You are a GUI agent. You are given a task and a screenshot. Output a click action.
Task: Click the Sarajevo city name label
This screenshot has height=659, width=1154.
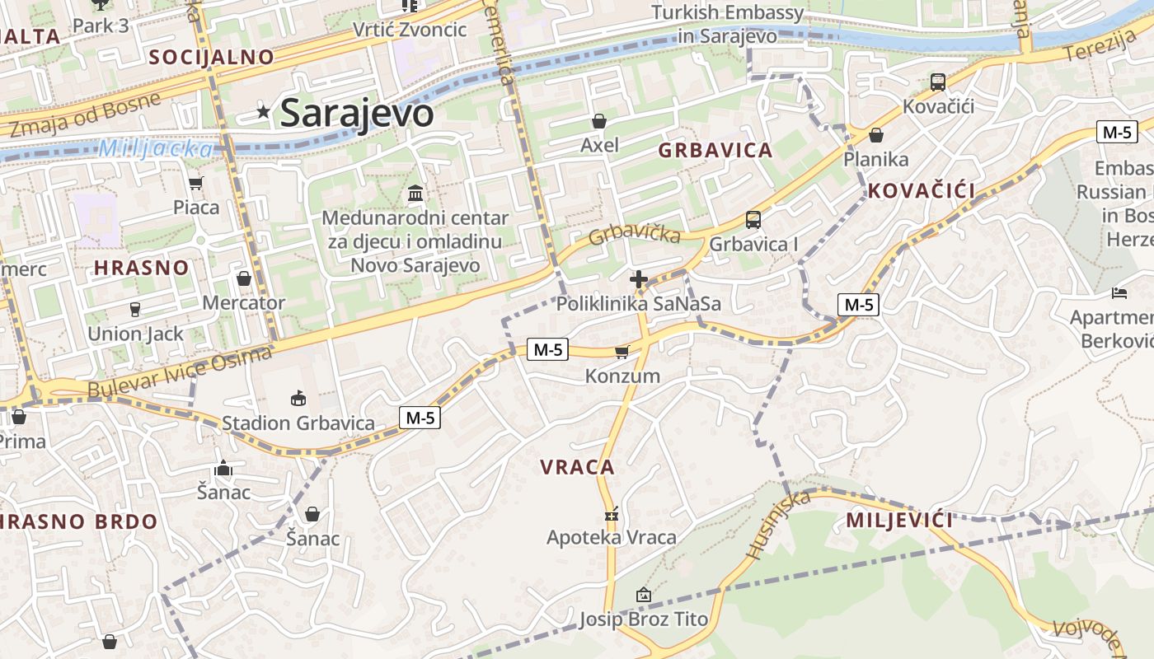coord(356,113)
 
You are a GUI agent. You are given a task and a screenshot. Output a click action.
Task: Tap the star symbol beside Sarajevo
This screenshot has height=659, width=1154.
coord(264,111)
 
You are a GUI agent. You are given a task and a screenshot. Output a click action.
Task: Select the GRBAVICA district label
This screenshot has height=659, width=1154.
coord(715,150)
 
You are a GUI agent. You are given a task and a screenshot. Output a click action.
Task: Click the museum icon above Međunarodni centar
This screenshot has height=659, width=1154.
coord(416,194)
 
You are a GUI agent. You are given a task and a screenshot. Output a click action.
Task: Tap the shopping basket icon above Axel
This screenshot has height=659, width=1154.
coord(599,121)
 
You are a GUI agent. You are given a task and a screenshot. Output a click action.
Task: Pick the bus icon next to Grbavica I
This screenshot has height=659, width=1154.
coord(753,220)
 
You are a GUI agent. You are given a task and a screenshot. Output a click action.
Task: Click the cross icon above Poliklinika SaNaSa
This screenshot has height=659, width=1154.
coord(638,279)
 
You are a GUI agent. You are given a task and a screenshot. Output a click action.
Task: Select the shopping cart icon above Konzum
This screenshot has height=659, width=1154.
coord(622,352)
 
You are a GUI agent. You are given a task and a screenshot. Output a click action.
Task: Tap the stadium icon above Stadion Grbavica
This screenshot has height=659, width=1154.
coord(298,399)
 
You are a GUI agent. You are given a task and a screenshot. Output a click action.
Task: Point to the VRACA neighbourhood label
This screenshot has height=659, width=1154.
coord(577,467)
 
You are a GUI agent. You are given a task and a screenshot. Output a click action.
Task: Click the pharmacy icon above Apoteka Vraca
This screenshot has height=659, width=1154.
coord(612,514)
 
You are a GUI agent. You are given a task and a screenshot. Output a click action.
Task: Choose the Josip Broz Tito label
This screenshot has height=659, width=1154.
coord(643,619)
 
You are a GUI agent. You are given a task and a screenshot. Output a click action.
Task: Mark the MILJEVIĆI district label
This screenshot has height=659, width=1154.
coord(899,520)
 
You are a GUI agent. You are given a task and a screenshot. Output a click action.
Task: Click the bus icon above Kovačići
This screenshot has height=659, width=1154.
coord(938,82)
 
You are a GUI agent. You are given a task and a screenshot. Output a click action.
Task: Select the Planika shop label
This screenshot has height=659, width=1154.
coord(875,159)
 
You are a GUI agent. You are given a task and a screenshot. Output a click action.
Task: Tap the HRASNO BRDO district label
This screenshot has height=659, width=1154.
coord(78,521)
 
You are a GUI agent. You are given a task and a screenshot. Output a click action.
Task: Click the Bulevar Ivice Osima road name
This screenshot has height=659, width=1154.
coord(180,373)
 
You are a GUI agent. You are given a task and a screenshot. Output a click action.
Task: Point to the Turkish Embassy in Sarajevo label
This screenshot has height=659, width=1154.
coord(727,24)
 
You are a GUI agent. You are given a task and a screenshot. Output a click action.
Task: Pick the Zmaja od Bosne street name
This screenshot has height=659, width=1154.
coord(86,115)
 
